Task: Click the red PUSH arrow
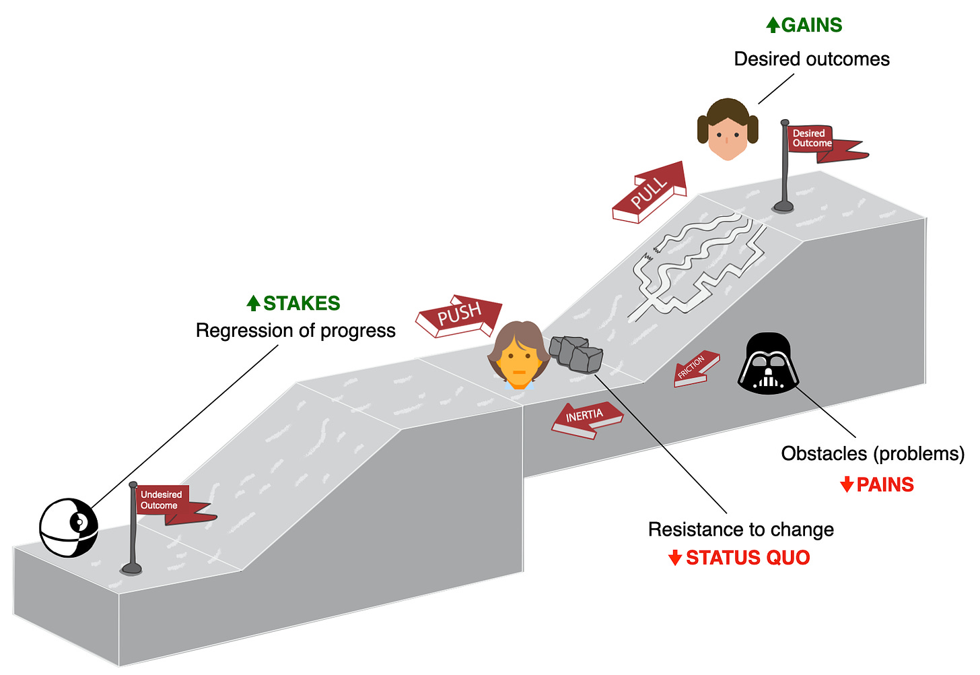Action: pyautogui.click(x=460, y=315)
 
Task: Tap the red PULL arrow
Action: pyautogui.click(x=650, y=192)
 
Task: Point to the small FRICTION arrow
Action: pyautogui.click(x=695, y=369)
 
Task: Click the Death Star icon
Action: pyautogui.click(x=69, y=527)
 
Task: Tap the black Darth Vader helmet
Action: pyautogui.click(x=768, y=364)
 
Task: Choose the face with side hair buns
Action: pyautogui.click(x=728, y=129)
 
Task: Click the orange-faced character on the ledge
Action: pyautogui.click(x=517, y=355)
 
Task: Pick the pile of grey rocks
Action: pyautogui.click(x=576, y=354)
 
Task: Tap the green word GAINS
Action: pyautogui.click(x=812, y=26)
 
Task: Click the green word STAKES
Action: pyautogui.click(x=302, y=304)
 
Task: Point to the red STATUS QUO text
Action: pyautogui.click(x=748, y=558)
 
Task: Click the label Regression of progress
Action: pyautogui.click(x=295, y=331)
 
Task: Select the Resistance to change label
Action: pyautogui.click(x=740, y=529)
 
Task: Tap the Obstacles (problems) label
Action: pyautogui.click(x=872, y=453)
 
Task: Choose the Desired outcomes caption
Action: pyautogui.click(x=812, y=59)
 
